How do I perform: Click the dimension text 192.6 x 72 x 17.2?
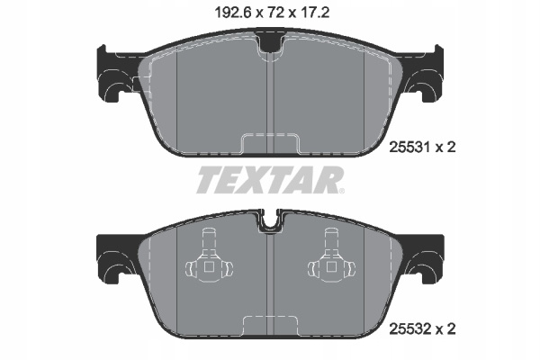(x=272, y=13)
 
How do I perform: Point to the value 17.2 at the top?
(x=315, y=13)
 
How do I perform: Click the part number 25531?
(x=409, y=148)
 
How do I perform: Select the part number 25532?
(x=409, y=329)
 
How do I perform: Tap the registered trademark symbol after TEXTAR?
(x=342, y=191)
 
